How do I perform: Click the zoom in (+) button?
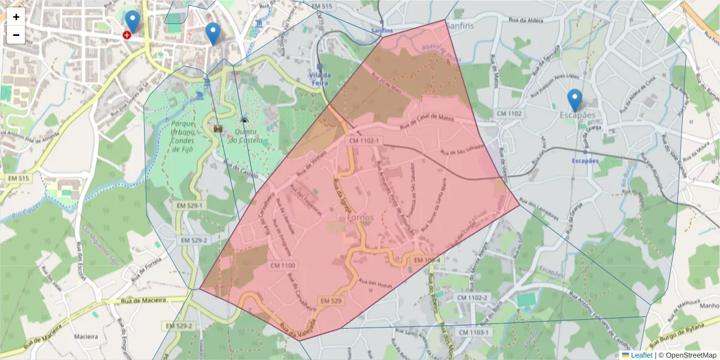16,17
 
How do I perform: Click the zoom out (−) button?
16,35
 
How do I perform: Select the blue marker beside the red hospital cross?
132,21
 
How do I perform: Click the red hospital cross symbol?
127,35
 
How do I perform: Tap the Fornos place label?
360,217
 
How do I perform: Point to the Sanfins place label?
459,26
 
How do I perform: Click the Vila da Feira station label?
320,78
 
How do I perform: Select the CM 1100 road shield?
283,265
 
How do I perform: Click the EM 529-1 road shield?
190,205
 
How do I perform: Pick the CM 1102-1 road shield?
364,140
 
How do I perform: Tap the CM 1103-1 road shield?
474,332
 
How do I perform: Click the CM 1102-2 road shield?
472,298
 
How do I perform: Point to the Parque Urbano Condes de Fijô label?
181,137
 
